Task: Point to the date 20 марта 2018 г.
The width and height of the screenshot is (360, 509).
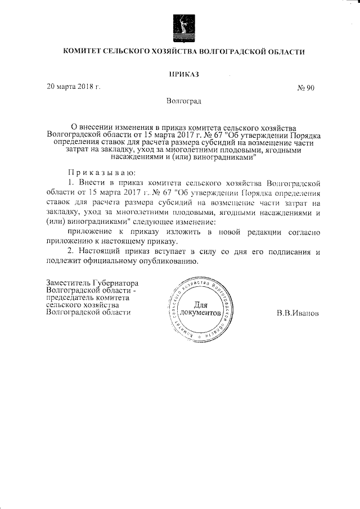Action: pyautogui.click(x=73, y=87)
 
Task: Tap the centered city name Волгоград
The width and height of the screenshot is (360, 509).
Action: pyautogui.click(x=184, y=101)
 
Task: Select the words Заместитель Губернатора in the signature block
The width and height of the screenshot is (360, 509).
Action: pyautogui.click(x=92, y=283)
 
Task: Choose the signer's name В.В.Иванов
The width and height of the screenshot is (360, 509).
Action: pyautogui.click(x=298, y=313)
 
